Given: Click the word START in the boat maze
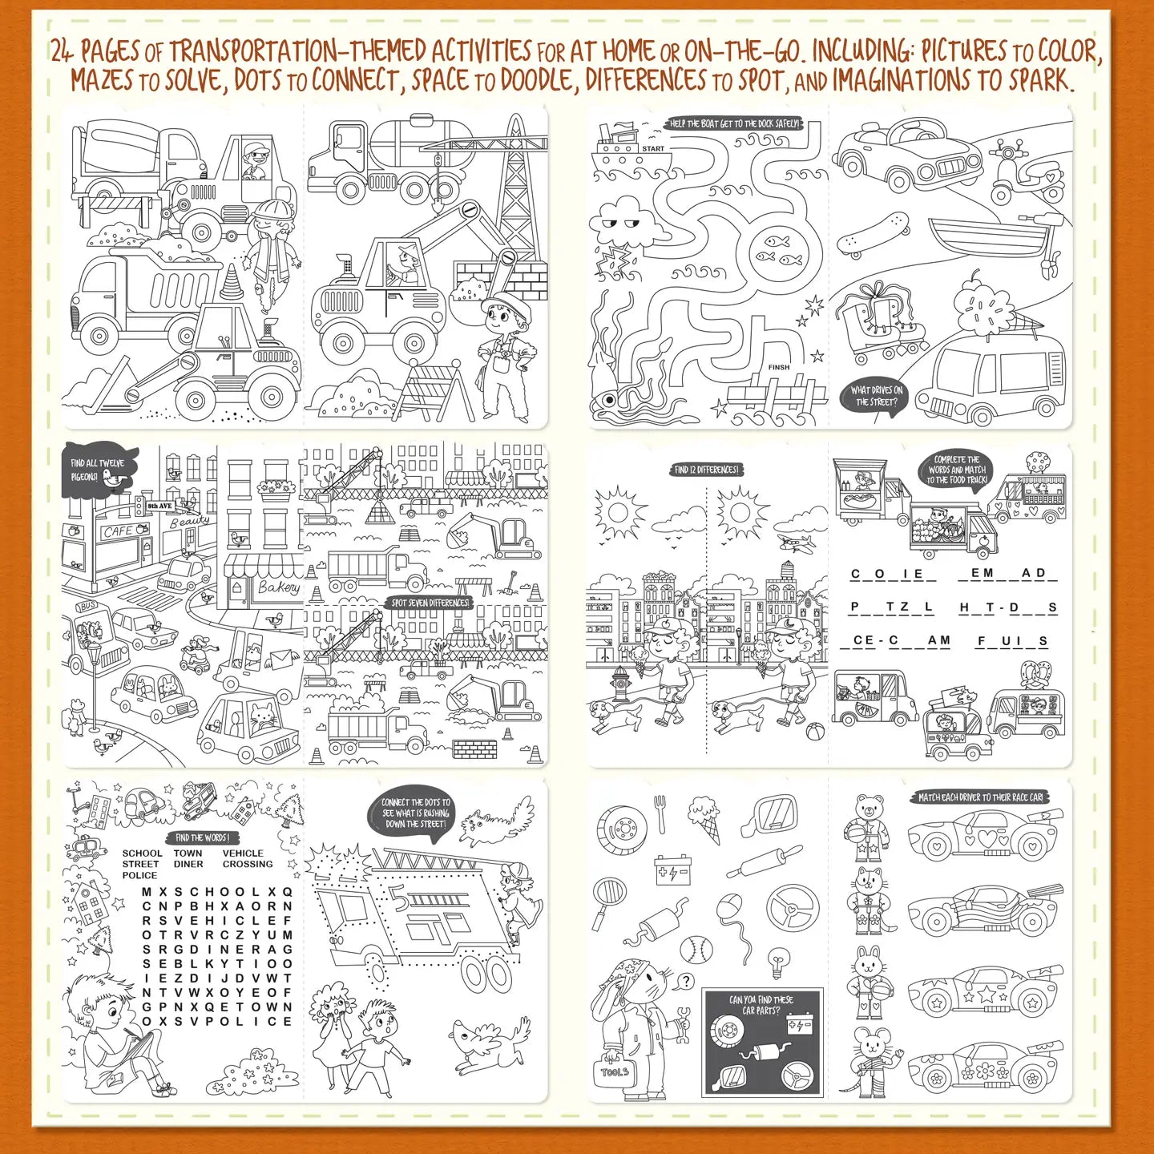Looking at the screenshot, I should click(x=653, y=148).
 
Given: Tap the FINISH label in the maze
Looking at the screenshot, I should click(x=779, y=367).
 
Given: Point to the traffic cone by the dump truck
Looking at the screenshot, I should click(x=231, y=282).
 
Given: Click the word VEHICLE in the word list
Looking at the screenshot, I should click(x=243, y=853).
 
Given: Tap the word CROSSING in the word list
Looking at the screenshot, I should click(x=248, y=865).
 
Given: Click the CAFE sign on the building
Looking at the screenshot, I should click(x=119, y=531).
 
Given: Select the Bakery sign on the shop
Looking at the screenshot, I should click(x=278, y=587).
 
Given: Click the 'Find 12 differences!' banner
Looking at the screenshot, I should click(x=706, y=470).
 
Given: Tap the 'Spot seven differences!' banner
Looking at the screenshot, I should click(x=430, y=603).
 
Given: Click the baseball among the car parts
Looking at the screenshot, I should click(x=696, y=950).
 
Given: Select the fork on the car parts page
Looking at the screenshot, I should click(x=660, y=813).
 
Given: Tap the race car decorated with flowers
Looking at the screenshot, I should click(x=986, y=1067).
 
